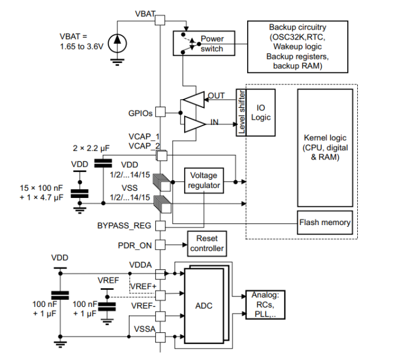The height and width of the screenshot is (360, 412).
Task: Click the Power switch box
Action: tap(200, 44)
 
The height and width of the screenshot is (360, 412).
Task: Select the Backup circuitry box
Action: tap(298, 47)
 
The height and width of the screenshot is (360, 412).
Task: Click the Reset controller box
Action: tap(207, 244)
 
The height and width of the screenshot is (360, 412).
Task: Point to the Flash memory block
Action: tap(325, 223)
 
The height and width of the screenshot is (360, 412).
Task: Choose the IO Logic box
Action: tap(261, 113)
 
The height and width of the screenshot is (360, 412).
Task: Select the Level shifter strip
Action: tap(241, 113)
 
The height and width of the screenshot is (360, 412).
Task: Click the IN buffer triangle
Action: tap(192, 124)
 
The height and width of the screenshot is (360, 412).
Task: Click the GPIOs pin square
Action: tap(160, 112)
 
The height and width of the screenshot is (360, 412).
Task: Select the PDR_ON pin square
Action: tap(160, 244)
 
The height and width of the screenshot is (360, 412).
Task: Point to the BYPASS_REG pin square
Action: tap(160, 225)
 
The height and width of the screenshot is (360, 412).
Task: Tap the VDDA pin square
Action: tap(160, 273)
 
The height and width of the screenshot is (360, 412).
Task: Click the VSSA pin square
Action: tap(160, 336)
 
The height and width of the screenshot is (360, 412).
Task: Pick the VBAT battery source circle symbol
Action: tap(117, 40)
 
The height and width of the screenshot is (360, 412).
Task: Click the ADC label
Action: tap(204, 306)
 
